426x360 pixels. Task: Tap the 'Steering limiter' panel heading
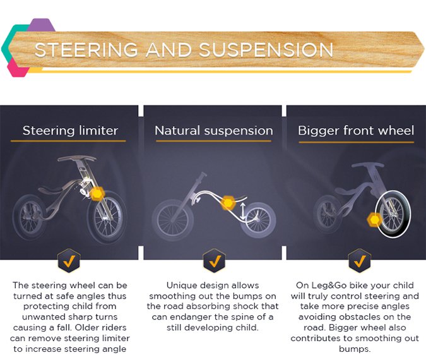(x=70, y=131)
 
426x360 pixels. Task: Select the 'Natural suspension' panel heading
(x=214, y=131)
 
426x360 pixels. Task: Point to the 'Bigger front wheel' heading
(x=356, y=131)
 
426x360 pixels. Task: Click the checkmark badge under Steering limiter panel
(x=69, y=260)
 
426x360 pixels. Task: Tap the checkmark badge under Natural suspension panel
(x=214, y=260)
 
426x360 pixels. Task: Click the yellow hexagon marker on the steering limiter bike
(x=97, y=193)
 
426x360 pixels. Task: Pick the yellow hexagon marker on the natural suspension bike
(x=228, y=203)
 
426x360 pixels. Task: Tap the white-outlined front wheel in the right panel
(x=392, y=214)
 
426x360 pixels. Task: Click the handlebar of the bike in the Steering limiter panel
(x=76, y=160)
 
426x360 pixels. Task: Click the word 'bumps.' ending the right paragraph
(x=355, y=349)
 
